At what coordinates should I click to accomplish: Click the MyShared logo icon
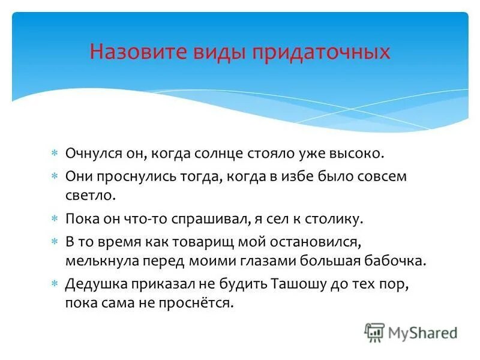[374, 332]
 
